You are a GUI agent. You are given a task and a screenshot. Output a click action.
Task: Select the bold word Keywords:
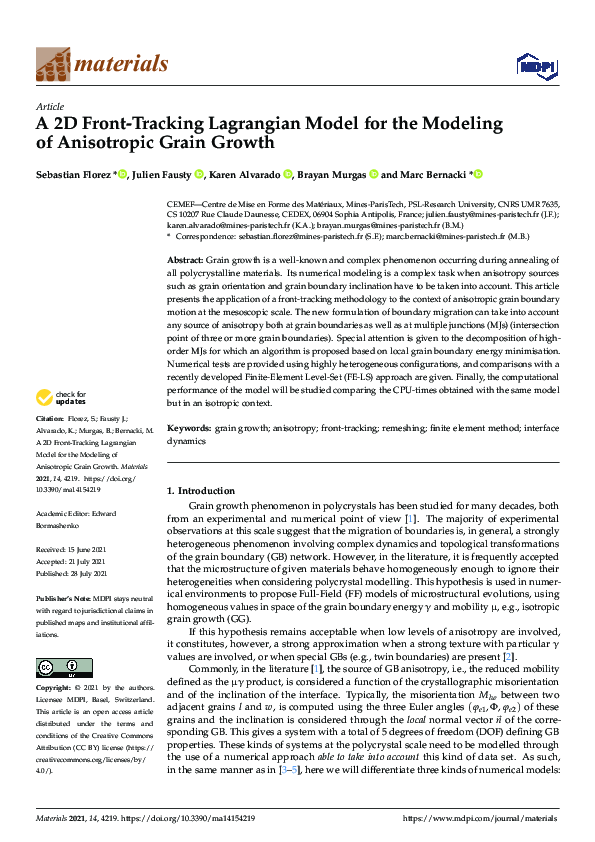pyautogui.click(x=188, y=427)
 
